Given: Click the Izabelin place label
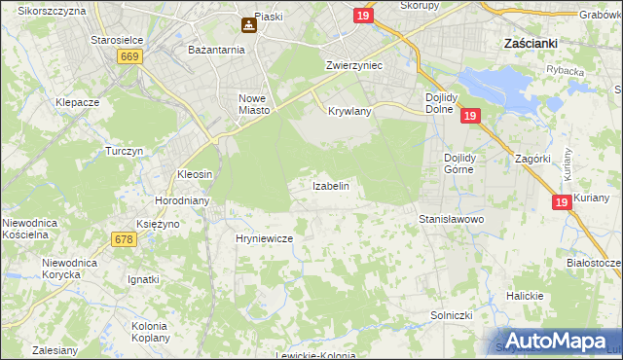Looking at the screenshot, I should pos(330,185).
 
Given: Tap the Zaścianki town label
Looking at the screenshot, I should pos(529,44).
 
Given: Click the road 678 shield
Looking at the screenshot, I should pos(123,239).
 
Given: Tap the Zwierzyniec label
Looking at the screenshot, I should pos(353,65).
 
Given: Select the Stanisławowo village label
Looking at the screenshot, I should pos(451,220).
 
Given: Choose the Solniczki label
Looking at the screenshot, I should pos(451,316).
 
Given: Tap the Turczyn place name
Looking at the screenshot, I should pos(125,152).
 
